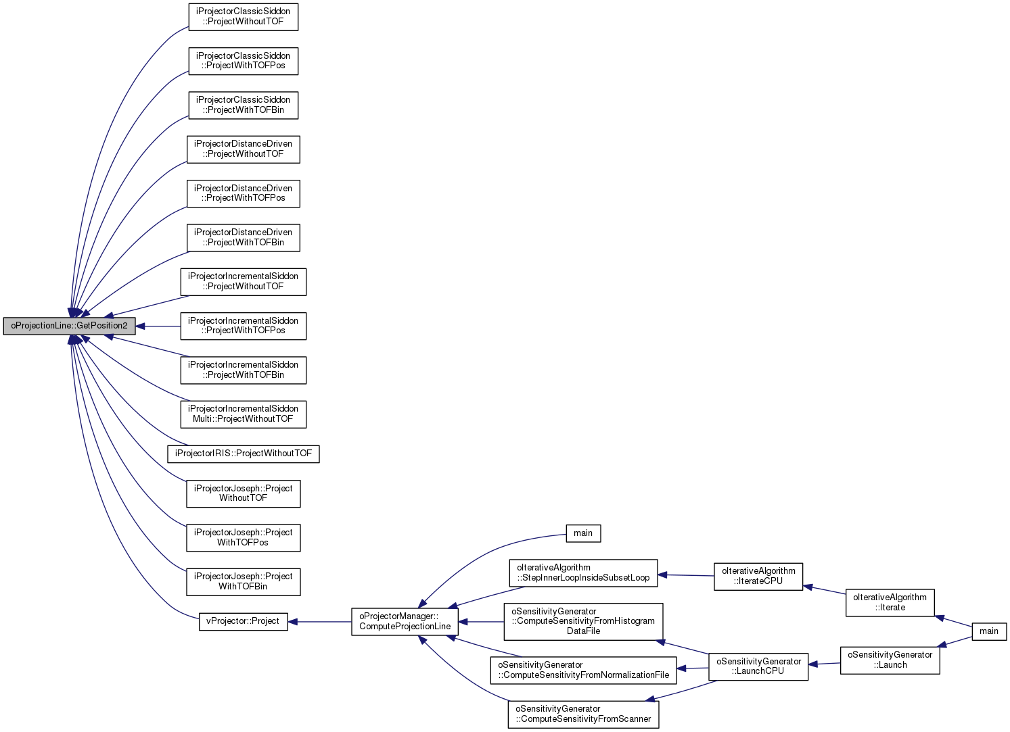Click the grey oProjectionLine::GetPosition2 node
pos(69,326)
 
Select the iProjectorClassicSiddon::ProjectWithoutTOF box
pos(243,17)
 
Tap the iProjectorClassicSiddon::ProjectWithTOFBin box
pos(243,105)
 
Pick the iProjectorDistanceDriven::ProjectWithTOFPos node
pos(243,194)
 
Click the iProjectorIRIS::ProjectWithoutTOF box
pos(244,454)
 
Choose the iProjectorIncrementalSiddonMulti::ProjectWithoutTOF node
pos(244,414)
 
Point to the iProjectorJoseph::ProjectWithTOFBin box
pos(244,582)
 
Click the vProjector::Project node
pos(244,622)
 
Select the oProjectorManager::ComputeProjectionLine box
pos(405,622)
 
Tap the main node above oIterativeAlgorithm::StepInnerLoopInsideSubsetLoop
pos(583,534)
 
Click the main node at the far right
pos(989,631)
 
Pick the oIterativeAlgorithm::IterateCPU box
pos(758,577)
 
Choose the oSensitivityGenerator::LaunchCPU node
pos(758,666)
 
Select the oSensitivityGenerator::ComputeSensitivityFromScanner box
pos(583,714)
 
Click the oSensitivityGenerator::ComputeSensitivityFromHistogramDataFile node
pos(583,622)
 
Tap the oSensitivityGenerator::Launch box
pos(890,660)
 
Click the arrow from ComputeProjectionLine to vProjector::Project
pos(320,622)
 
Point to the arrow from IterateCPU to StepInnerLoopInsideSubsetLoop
pos(686,575)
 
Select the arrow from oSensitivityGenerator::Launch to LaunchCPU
pos(824,664)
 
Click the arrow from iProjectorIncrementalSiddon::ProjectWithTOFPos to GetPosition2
pos(158,326)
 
